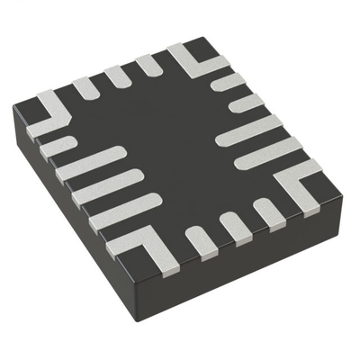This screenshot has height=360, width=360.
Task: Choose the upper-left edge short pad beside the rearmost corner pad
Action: (x=147, y=65)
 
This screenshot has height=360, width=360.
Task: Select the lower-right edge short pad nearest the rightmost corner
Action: (x=267, y=212)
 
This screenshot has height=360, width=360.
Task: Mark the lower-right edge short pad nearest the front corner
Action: (x=200, y=240)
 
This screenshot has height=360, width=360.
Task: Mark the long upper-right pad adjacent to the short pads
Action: (x=247, y=130)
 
